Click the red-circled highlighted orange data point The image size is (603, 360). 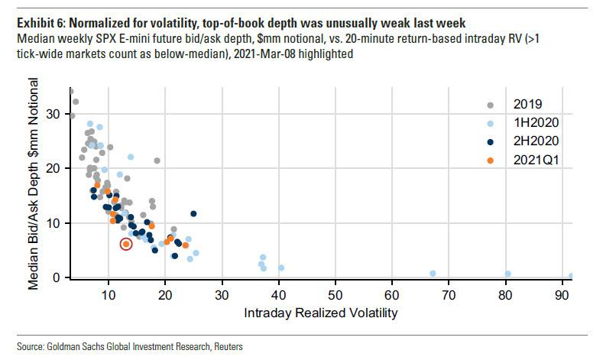coord(126,244)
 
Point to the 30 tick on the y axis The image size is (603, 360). coord(54,114)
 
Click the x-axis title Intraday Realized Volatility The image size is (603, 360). coord(321,313)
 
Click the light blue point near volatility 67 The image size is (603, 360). coord(433,273)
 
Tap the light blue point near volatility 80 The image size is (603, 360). coord(507,274)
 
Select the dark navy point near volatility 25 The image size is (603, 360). coord(193,214)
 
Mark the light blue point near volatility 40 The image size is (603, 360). coord(281,268)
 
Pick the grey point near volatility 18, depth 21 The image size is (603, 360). coord(157,161)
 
